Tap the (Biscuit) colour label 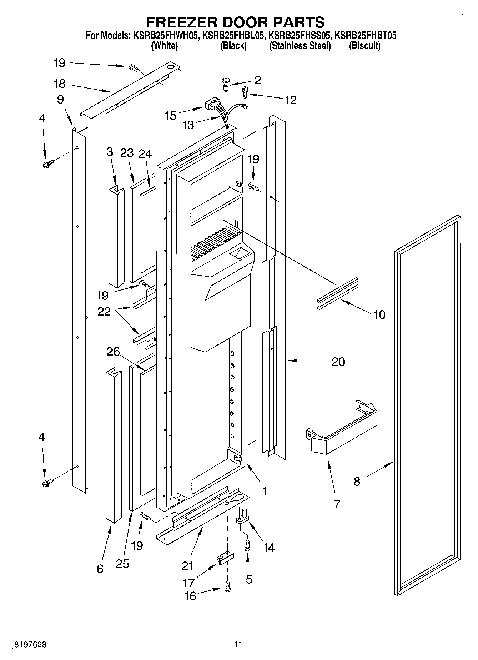(364, 46)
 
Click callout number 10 (379, 315)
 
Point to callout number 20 (338, 362)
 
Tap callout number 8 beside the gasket (357, 482)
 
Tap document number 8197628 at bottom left (30, 644)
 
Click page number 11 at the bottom (238, 644)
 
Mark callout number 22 (104, 311)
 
